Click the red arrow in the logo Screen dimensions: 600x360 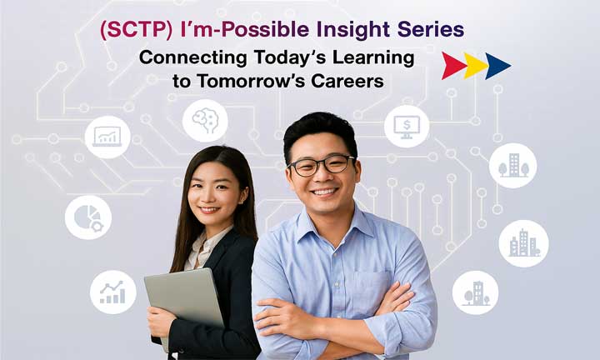point(453,66)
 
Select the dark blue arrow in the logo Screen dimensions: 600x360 point(497,66)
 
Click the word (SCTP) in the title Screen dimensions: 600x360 point(136,30)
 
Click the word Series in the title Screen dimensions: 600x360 point(431,29)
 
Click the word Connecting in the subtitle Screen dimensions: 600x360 point(193,58)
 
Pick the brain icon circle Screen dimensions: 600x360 point(205,121)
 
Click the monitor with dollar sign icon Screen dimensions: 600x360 point(407,126)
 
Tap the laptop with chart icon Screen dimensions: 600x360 point(107,137)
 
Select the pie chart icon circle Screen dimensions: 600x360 point(88,217)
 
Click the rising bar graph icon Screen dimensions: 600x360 point(113,292)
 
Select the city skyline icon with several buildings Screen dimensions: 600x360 point(523,243)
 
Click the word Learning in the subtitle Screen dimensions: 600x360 point(373,58)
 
